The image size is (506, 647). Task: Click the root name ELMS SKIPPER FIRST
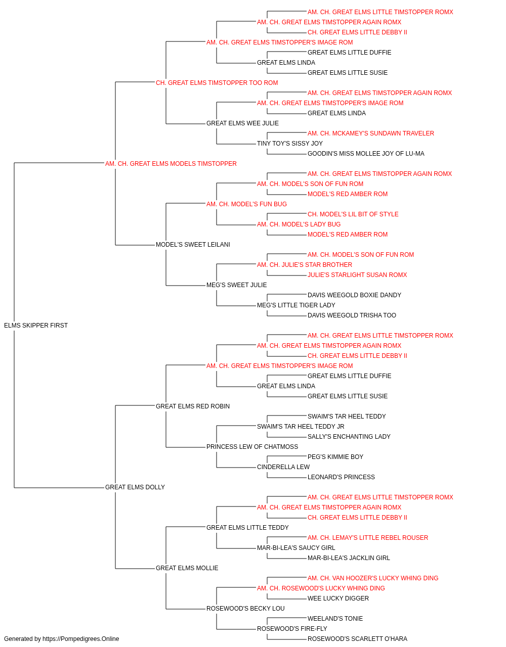click(36, 326)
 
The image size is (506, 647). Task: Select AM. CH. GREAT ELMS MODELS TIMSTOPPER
click(171, 164)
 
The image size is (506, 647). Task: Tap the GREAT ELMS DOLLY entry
click(135, 487)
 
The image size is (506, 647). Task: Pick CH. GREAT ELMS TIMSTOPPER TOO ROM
click(217, 83)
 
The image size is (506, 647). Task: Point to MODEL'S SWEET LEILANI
click(193, 245)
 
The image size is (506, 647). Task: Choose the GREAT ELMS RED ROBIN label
click(193, 406)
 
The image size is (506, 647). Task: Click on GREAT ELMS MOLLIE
click(187, 568)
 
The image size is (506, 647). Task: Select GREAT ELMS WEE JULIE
click(242, 123)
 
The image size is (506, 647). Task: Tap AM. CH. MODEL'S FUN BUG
click(246, 204)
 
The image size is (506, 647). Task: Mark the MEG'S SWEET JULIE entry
click(237, 285)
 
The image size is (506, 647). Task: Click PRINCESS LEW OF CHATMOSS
click(252, 447)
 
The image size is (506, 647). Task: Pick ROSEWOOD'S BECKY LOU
click(245, 608)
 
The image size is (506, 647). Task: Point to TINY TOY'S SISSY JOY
click(290, 144)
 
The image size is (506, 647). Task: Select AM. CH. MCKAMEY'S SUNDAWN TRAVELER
click(371, 133)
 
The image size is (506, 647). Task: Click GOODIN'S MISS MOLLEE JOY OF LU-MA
click(366, 154)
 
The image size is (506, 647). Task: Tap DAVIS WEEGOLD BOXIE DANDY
click(354, 295)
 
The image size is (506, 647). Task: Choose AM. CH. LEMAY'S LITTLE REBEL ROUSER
click(368, 538)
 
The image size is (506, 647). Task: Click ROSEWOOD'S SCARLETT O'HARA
click(357, 639)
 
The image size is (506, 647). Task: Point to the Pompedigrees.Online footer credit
click(61, 639)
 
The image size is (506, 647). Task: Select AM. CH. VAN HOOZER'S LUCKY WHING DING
click(373, 578)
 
